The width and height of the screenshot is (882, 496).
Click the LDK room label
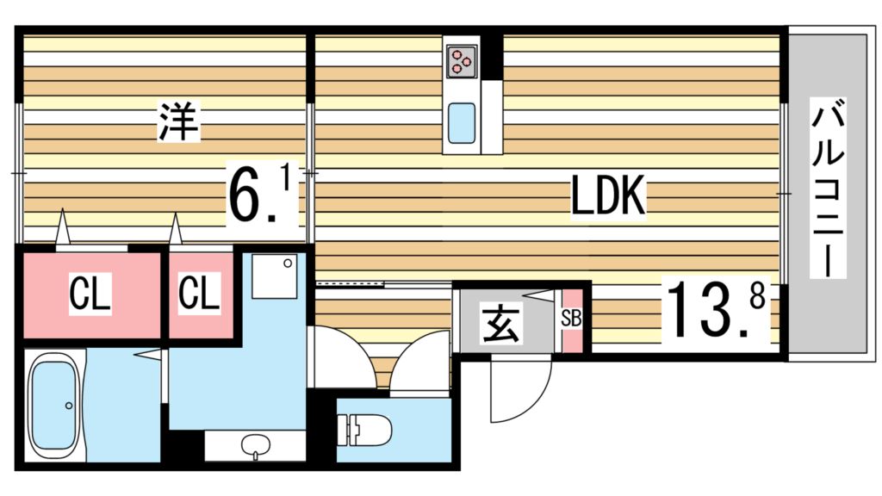[x=608, y=198]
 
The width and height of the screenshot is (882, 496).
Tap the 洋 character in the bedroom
[x=179, y=123]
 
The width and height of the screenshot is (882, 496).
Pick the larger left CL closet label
[x=90, y=295]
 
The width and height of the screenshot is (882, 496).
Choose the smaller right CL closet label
[x=200, y=295]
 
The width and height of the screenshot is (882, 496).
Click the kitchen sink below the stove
[x=462, y=122]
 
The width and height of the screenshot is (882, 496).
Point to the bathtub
[x=55, y=406]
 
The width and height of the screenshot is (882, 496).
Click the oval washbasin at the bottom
[x=255, y=446]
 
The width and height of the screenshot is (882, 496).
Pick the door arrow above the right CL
[x=176, y=231]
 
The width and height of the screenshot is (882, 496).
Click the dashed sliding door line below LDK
[x=350, y=282]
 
